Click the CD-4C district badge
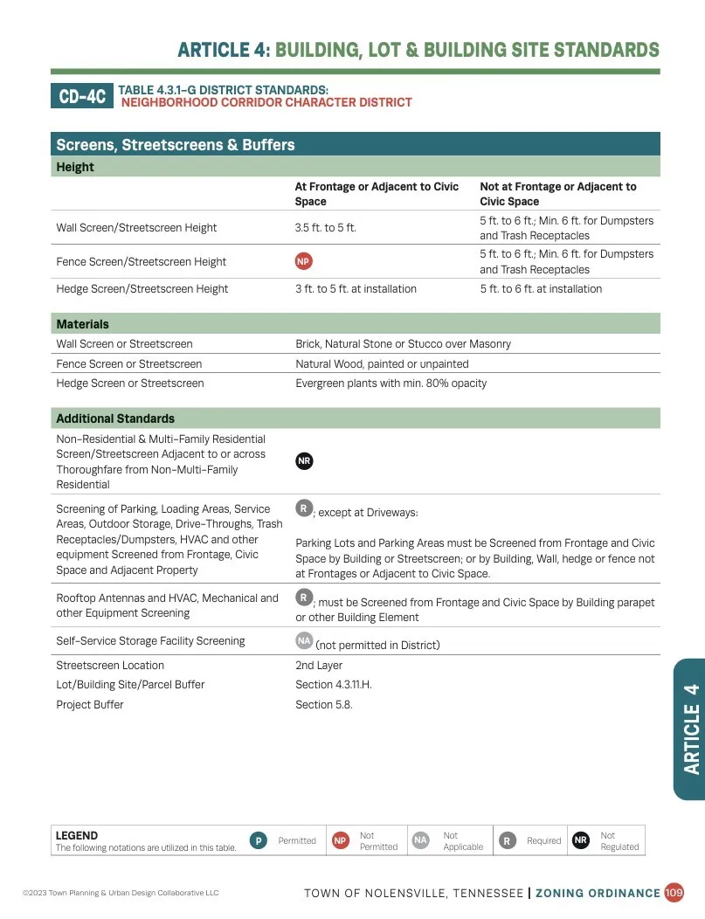pyautogui.click(x=83, y=96)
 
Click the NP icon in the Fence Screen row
pyautogui.click(x=304, y=261)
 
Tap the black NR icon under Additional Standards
pyautogui.click(x=304, y=461)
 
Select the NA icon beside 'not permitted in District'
pyautogui.click(x=304, y=641)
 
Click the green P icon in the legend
pyautogui.click(x=258, y=840)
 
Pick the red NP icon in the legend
pyautogui.click(x=340, y=840)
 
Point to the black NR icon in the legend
pyautogui.click(x=581, y=840)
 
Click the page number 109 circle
pyautogui.click(x=674, y=893)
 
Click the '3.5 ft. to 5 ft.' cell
pyautogui.click(x=326, y=228)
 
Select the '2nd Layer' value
pyautogui.click(x=319, y=666)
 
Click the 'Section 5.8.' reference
pyautogui.click(x=324, y=705)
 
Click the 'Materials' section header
pyautogui.click(x=83, y=324)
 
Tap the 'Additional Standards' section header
pyautogui.click(x=115, y=418)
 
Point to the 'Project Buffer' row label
pyautogui.click(x=90, y=705)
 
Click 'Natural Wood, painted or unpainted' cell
pyautogui.click(x=382, y=364)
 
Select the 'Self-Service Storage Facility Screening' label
pyautogui.click(x=150, y=641)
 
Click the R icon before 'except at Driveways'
pyautogui.click(x=304, y=508)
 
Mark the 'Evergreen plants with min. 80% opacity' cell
pyautogui.click(x=391, y=383)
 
